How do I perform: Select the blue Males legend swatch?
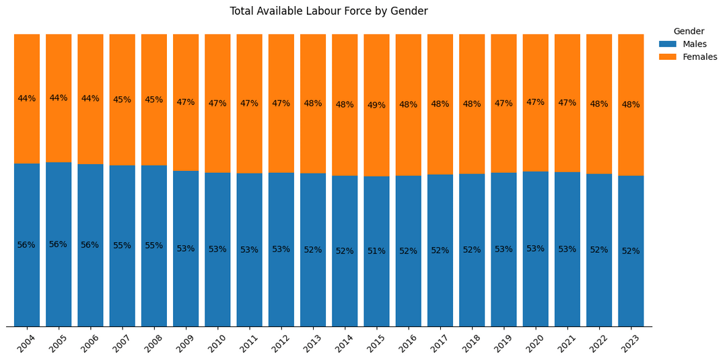668,44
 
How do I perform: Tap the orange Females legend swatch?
668,57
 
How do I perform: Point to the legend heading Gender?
689,32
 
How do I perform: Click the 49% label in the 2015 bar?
376,105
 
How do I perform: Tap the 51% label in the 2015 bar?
376,251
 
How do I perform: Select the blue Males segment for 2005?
59,244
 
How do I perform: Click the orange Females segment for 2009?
186,102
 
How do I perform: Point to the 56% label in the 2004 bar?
26,245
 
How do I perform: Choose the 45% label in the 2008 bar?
154,100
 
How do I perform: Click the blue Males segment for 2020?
536,249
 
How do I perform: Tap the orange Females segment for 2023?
631,105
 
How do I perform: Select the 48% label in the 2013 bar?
313,104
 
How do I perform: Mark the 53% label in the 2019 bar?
504,249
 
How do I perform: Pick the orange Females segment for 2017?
440,104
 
